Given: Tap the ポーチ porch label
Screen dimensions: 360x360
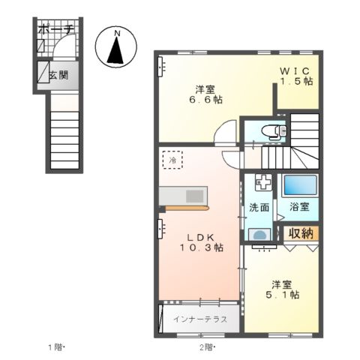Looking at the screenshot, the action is coord(57,29).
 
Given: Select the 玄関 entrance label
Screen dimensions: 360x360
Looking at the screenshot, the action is coord(58,75).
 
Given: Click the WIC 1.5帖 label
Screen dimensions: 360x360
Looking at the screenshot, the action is coord(296,76).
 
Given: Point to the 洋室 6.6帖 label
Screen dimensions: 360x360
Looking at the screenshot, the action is coord(205,94).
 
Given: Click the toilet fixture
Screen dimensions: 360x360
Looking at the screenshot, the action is coord(274,131).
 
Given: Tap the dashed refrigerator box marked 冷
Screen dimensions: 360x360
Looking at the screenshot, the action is coord(172,160).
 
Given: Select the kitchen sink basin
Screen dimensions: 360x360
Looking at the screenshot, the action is coord(195,196).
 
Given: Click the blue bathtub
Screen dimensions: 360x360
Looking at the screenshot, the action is coord(301,185).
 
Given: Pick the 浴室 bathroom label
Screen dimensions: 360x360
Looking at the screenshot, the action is coord(299,207).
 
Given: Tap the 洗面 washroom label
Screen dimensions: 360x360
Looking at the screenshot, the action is coord(259,207).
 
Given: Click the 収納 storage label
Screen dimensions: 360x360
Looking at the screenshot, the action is coord(301,233).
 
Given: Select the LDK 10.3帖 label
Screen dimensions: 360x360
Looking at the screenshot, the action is coord(201,242).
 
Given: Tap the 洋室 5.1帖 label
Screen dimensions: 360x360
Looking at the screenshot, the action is coord(282,289).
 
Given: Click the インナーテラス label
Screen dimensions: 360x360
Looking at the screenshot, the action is coord(200,319).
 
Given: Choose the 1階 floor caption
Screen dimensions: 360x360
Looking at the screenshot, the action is coord(57,347).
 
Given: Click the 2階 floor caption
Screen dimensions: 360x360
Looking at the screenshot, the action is coord(208,347).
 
